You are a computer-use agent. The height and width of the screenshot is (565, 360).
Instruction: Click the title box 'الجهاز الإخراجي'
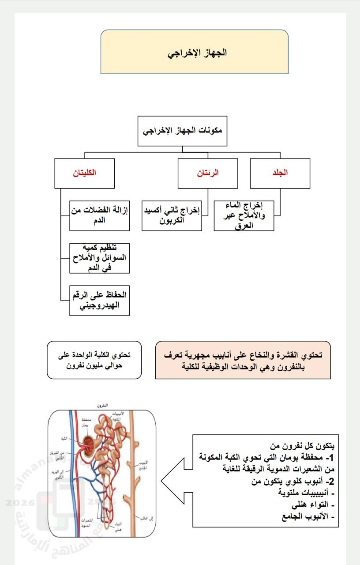coord(194,52)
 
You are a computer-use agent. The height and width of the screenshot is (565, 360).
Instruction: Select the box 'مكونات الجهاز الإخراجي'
coord(182,131)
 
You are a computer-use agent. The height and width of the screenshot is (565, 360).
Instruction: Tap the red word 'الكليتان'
coord(84,173)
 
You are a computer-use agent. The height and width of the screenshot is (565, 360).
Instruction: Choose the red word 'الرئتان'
coord(208,173)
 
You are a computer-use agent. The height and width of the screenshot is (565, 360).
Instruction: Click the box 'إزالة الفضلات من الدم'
coord(100,215)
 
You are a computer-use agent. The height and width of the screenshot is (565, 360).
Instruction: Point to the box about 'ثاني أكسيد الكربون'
coord(172,215)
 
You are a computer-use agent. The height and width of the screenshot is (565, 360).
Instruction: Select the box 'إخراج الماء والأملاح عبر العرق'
coord(244,215)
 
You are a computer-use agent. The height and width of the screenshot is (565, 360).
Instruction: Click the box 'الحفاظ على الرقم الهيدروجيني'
coord(100,300)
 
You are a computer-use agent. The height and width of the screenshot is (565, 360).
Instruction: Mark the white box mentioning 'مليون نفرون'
coord(94,360)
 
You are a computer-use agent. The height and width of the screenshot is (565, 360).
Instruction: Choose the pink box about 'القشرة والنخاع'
coord(243,360)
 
